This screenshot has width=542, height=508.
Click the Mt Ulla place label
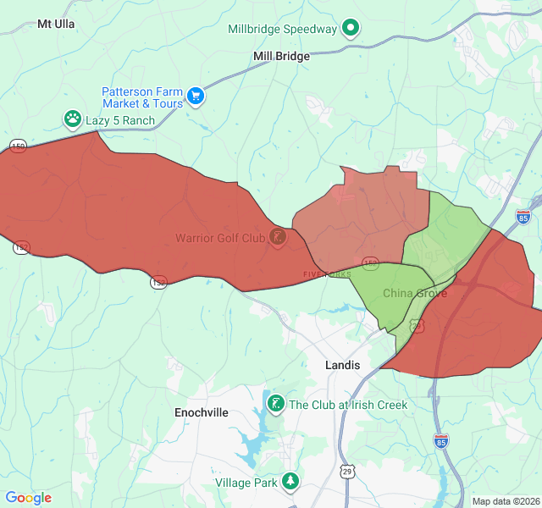pos(56,25)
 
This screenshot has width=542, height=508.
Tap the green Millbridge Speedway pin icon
pos(351,29)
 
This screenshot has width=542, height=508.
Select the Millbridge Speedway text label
pos(283,29)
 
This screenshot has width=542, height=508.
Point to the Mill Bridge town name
pos(281,57)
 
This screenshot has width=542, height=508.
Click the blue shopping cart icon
pos(196,97)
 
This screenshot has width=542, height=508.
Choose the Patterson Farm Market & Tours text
pos(142,97)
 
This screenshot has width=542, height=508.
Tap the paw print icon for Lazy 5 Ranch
pos(73,120)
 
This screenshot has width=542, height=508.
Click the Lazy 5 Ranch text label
pos(120,120)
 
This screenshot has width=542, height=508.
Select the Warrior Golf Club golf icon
pos(277,237)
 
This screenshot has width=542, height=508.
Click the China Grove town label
pos(414,294)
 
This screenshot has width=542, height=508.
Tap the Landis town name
pos(342,365)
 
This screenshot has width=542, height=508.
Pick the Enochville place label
pos(202,412)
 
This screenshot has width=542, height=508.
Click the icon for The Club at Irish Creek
pos(276,405)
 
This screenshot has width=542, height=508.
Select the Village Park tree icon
pos(291,482)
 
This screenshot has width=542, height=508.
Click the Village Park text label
pos(246,483)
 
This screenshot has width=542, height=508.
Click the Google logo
pos(29,498)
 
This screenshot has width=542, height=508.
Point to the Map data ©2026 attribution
pos(505,501)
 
